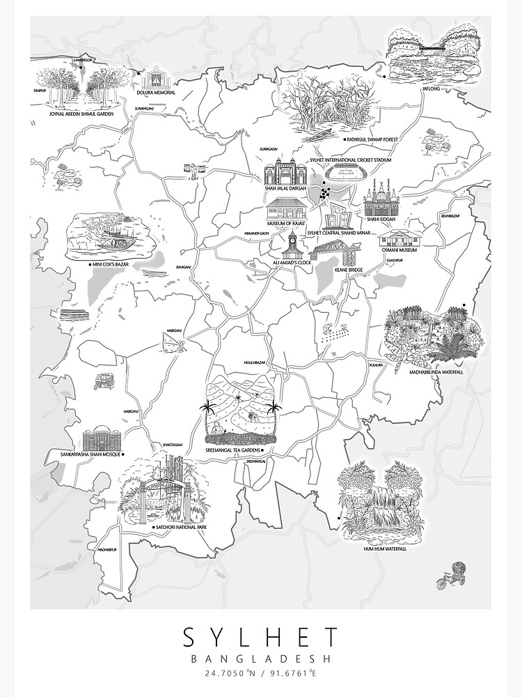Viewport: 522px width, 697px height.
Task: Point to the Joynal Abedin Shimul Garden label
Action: pos(80,113)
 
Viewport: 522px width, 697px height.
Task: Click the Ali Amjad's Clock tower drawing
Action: pos(293,246)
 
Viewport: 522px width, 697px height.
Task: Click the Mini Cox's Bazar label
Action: pos(114,266)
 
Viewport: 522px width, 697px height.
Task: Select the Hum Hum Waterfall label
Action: pos(385,549)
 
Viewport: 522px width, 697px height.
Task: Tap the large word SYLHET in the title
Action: pos(261,637)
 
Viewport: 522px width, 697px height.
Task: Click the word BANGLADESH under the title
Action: pos(261,658)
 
